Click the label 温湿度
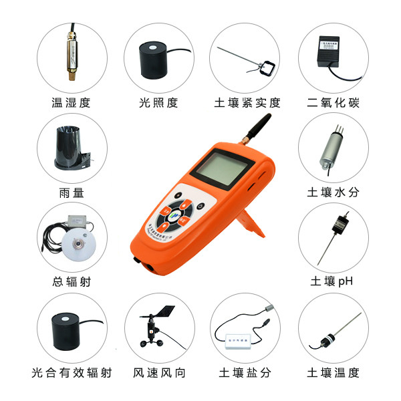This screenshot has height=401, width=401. pyautogui.click(x=70, y=103)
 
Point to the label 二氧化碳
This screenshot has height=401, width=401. pyautogui.click(x=332, y=103)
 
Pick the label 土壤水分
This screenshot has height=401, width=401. pyautogui.click(x=332, y=192)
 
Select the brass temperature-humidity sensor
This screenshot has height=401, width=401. pyautogui.click(x=70, y=53)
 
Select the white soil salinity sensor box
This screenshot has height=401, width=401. pyautogui.click(x=238, y=339)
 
